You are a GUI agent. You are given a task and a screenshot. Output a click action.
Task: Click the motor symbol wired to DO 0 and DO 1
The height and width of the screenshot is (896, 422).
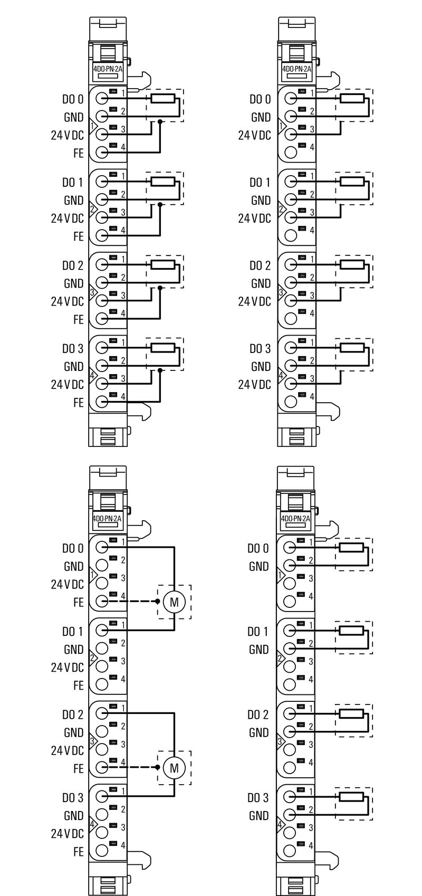(174, 601)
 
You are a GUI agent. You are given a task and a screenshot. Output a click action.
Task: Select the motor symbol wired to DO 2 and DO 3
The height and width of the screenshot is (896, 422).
(174, 767)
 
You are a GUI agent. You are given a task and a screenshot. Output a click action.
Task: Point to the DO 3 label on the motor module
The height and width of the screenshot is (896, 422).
(73, 798)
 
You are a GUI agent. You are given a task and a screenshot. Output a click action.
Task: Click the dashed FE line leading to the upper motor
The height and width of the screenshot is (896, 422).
(137, 601)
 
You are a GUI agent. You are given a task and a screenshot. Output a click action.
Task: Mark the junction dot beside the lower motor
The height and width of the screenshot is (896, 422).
(157, 767)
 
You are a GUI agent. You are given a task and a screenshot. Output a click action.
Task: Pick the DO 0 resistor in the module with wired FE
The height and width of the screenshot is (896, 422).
(162, 98)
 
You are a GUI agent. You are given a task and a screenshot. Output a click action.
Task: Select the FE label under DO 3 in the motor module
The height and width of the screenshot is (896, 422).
(78, 852)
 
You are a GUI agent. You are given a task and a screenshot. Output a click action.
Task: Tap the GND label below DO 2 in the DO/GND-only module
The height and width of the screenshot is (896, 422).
(258, 732)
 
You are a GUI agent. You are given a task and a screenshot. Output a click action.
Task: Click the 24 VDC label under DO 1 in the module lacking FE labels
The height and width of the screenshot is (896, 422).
(254, 218)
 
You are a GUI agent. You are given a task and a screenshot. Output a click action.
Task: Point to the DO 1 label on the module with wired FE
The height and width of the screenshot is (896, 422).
(73, 183)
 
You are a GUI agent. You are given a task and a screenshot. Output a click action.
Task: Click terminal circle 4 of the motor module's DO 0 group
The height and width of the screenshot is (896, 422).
(102, 601)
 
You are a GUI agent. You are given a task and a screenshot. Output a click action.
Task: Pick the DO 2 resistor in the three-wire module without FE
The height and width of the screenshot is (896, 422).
(352, 264)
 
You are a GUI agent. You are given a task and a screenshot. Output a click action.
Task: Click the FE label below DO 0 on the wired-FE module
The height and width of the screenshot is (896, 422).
(78, 154)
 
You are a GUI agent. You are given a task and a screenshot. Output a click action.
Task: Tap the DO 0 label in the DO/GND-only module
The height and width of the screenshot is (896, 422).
(258, 548)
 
